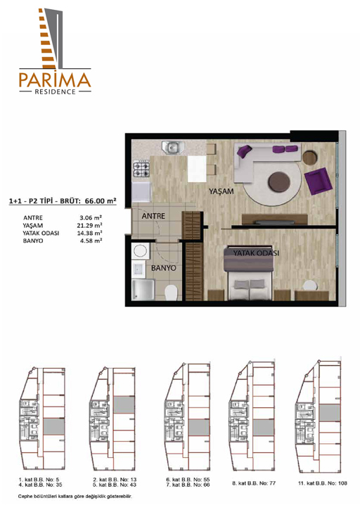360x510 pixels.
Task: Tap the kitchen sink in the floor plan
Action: coord(173,147)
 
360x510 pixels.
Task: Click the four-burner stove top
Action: coord(141,169)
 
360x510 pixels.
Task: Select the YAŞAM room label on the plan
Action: coord(221,191)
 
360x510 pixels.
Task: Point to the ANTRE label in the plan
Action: coord(153,216)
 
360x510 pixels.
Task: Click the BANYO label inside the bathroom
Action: coord(164,268)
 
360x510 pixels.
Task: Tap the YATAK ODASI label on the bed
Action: coord(256,253)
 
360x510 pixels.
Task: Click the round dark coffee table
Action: coord(279,181)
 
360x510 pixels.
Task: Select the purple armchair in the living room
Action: coord(318,181)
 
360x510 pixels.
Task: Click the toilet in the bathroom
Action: coord(171,293)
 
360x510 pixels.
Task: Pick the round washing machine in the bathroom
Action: coord(141,251)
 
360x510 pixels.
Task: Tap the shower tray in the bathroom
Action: coord(143,290)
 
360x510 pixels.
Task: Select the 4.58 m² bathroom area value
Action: coord(91,241)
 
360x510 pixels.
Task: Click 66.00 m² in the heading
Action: coord(101,200)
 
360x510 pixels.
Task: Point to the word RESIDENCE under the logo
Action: coord(56,91)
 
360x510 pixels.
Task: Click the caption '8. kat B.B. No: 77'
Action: coord(254,483)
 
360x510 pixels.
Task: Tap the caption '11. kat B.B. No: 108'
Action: coord(323,483)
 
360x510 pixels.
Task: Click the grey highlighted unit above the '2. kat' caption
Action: coord(124,405)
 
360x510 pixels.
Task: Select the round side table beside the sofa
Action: coord(310,158)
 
